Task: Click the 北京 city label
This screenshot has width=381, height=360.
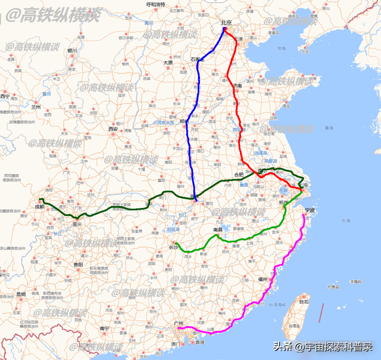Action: pos(226,23)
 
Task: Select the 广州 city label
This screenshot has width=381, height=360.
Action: pos(177,322)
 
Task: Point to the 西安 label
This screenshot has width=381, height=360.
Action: pos(113,129)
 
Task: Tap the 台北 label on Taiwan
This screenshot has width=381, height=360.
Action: pos(304,302)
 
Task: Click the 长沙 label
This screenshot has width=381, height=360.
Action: pos(173,247)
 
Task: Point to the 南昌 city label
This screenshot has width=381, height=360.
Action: pos(217,229)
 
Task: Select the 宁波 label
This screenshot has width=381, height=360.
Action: pos(310,210)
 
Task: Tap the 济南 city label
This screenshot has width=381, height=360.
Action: pos(237,86)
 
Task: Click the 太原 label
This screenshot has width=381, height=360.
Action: pos(168,62)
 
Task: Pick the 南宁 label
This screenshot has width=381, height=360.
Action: pos(105,328)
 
